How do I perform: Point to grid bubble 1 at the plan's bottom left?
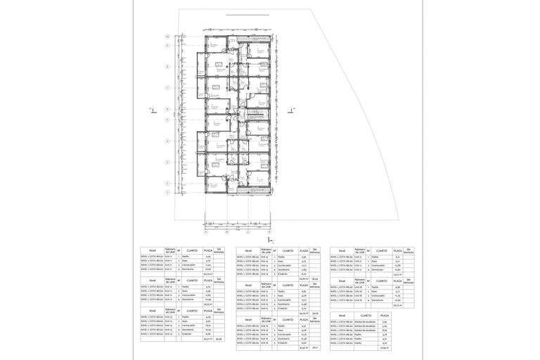pos(167,192)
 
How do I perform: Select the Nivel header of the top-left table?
pos(152,250)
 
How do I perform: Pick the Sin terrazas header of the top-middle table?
pos(316,251)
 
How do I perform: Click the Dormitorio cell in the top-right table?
pos(377,270)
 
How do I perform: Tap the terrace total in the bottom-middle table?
pos(315,347)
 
